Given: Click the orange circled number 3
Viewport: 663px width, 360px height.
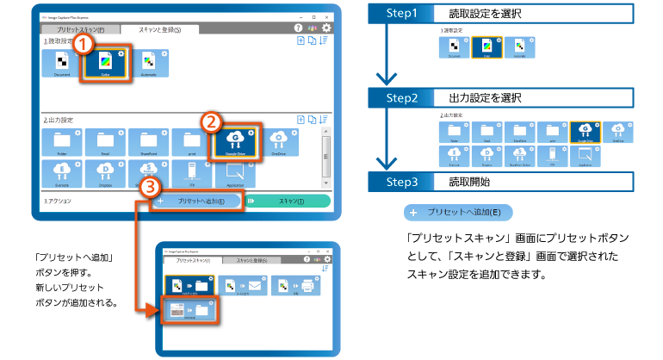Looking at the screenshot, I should click(x=150, y=186).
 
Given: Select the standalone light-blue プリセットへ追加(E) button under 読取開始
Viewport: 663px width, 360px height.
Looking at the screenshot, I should click(x=465, y=211).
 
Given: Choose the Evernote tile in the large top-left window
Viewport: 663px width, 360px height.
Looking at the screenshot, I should click(x=62, y=172).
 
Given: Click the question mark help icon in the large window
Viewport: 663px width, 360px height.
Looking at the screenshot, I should click(x=314, y=28).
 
